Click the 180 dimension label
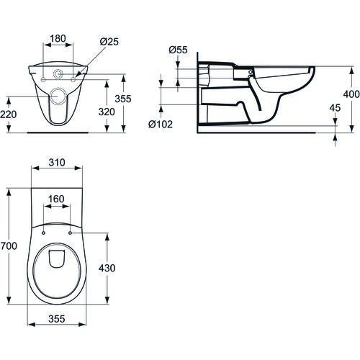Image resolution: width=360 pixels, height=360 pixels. point(58,38)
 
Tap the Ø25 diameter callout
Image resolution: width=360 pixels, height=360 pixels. point(109,42)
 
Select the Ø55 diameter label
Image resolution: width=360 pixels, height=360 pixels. point(178,50)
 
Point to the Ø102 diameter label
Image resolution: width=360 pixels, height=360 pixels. point(161,124)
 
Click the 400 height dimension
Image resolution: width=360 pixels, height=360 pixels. point(351,94)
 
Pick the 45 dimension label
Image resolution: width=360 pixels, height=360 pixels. point(335,108)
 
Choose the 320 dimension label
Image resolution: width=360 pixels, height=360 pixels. point(107,112)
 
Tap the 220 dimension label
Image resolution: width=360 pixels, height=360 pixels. point(9,114)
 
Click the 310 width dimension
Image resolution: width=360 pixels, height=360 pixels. point(57,163)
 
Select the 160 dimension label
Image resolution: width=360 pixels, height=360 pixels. point(56,199)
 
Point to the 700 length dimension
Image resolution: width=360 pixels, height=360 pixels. point(9,246)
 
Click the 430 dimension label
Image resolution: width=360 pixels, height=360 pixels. point(107,268)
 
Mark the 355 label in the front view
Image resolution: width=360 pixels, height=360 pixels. point(123,99)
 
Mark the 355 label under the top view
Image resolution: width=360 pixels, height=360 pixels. point(57,319)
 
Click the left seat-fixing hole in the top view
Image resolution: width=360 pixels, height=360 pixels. point(43,233)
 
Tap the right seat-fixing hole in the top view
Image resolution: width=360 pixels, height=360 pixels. point(70,233)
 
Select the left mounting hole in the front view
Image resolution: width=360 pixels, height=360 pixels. point(43,79)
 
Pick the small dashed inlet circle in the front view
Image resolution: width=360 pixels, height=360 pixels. point(58,74)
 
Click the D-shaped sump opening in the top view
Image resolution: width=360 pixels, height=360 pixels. point(57,258)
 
